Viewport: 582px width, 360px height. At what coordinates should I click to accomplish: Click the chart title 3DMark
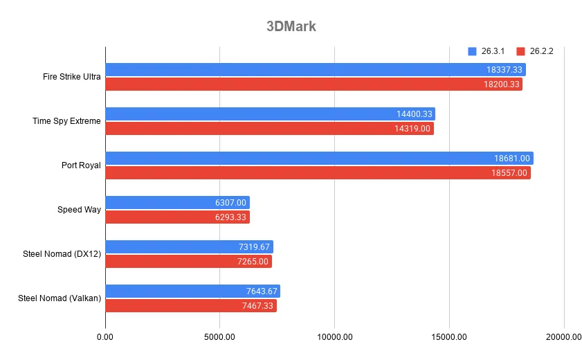click(x=291, y=27)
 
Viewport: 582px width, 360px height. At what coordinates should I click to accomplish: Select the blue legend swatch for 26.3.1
click(x=473, y=51)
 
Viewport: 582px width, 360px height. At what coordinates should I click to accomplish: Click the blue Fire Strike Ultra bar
click(x=315, y=69)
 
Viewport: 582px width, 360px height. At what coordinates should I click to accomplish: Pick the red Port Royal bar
click(x=318, y=173)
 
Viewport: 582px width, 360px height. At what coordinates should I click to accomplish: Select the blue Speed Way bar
click(x=177, y=202)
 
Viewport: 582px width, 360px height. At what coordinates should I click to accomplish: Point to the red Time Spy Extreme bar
click(x=269, y=129)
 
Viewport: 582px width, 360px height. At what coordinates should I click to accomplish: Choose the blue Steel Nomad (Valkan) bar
click(x=192, y=291)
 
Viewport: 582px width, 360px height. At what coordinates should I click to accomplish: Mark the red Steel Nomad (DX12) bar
click(x=188, y=262)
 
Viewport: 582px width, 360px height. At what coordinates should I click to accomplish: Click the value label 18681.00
click(x=511, y=159)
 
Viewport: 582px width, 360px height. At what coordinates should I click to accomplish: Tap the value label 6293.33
click(x=228, y=217)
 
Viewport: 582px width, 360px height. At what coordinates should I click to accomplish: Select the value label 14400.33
click(x=414, y=114)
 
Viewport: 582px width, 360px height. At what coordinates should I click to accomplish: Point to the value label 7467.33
click(x=255, y=306)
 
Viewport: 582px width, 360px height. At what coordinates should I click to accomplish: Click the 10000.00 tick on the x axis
click(x=334, y=337)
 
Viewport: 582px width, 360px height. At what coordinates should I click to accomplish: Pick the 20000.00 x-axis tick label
click(x=563, y=337)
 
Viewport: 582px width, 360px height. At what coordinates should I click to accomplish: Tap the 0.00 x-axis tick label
click(x=106, y=337)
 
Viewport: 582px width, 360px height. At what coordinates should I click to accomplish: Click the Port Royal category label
click(x=81, y=165)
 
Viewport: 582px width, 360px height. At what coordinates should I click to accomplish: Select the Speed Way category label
click(x=80, y=210)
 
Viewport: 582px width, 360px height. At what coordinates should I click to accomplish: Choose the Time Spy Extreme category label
click(x=66, y=121)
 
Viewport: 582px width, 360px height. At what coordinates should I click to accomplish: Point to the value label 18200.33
click(x=502, y=84)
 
